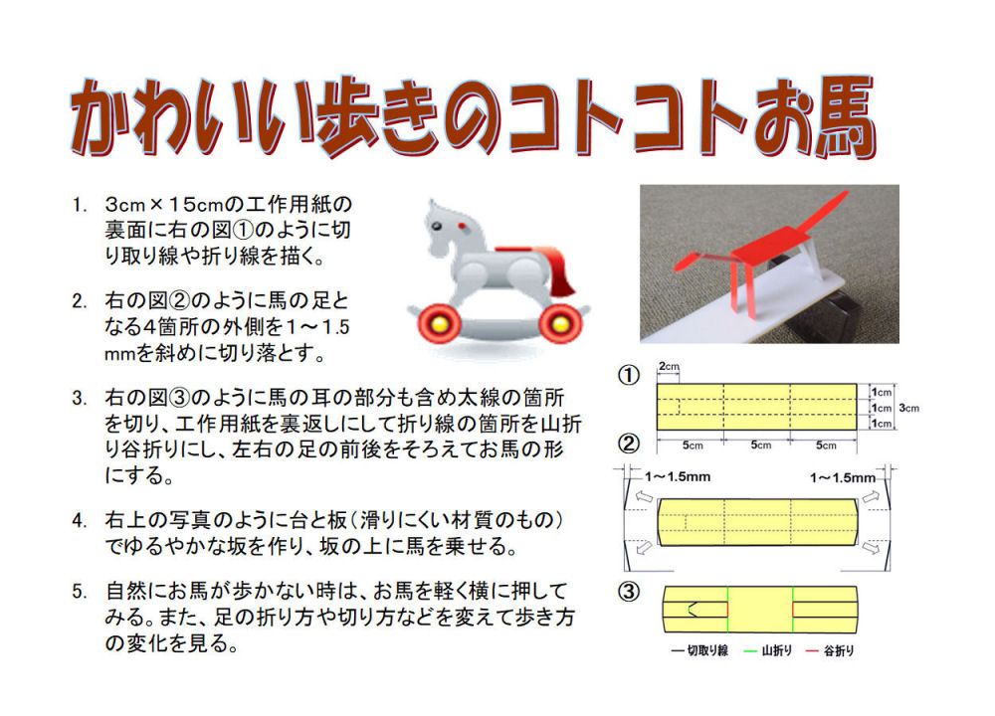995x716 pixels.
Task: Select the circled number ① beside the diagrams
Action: [x=628, y=376]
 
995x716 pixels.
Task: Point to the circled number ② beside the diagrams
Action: [x=628, y=444]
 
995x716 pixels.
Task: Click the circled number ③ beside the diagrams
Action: [x=628, y=592]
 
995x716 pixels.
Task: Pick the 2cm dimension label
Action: [x=669, y=367]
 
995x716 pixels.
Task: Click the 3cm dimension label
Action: [x=908, y=408]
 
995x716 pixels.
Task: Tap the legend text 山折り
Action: [x=777, y=650]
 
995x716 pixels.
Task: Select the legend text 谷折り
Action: [x=839, y=650]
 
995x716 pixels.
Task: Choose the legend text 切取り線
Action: [x=708, y=650]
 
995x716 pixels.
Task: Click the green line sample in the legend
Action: [x=750, y=651]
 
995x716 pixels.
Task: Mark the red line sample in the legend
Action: [x=812, y=651]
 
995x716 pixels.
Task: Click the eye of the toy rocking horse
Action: [x=436, y=227]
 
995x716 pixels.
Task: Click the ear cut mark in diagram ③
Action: [x=693, y=609]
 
